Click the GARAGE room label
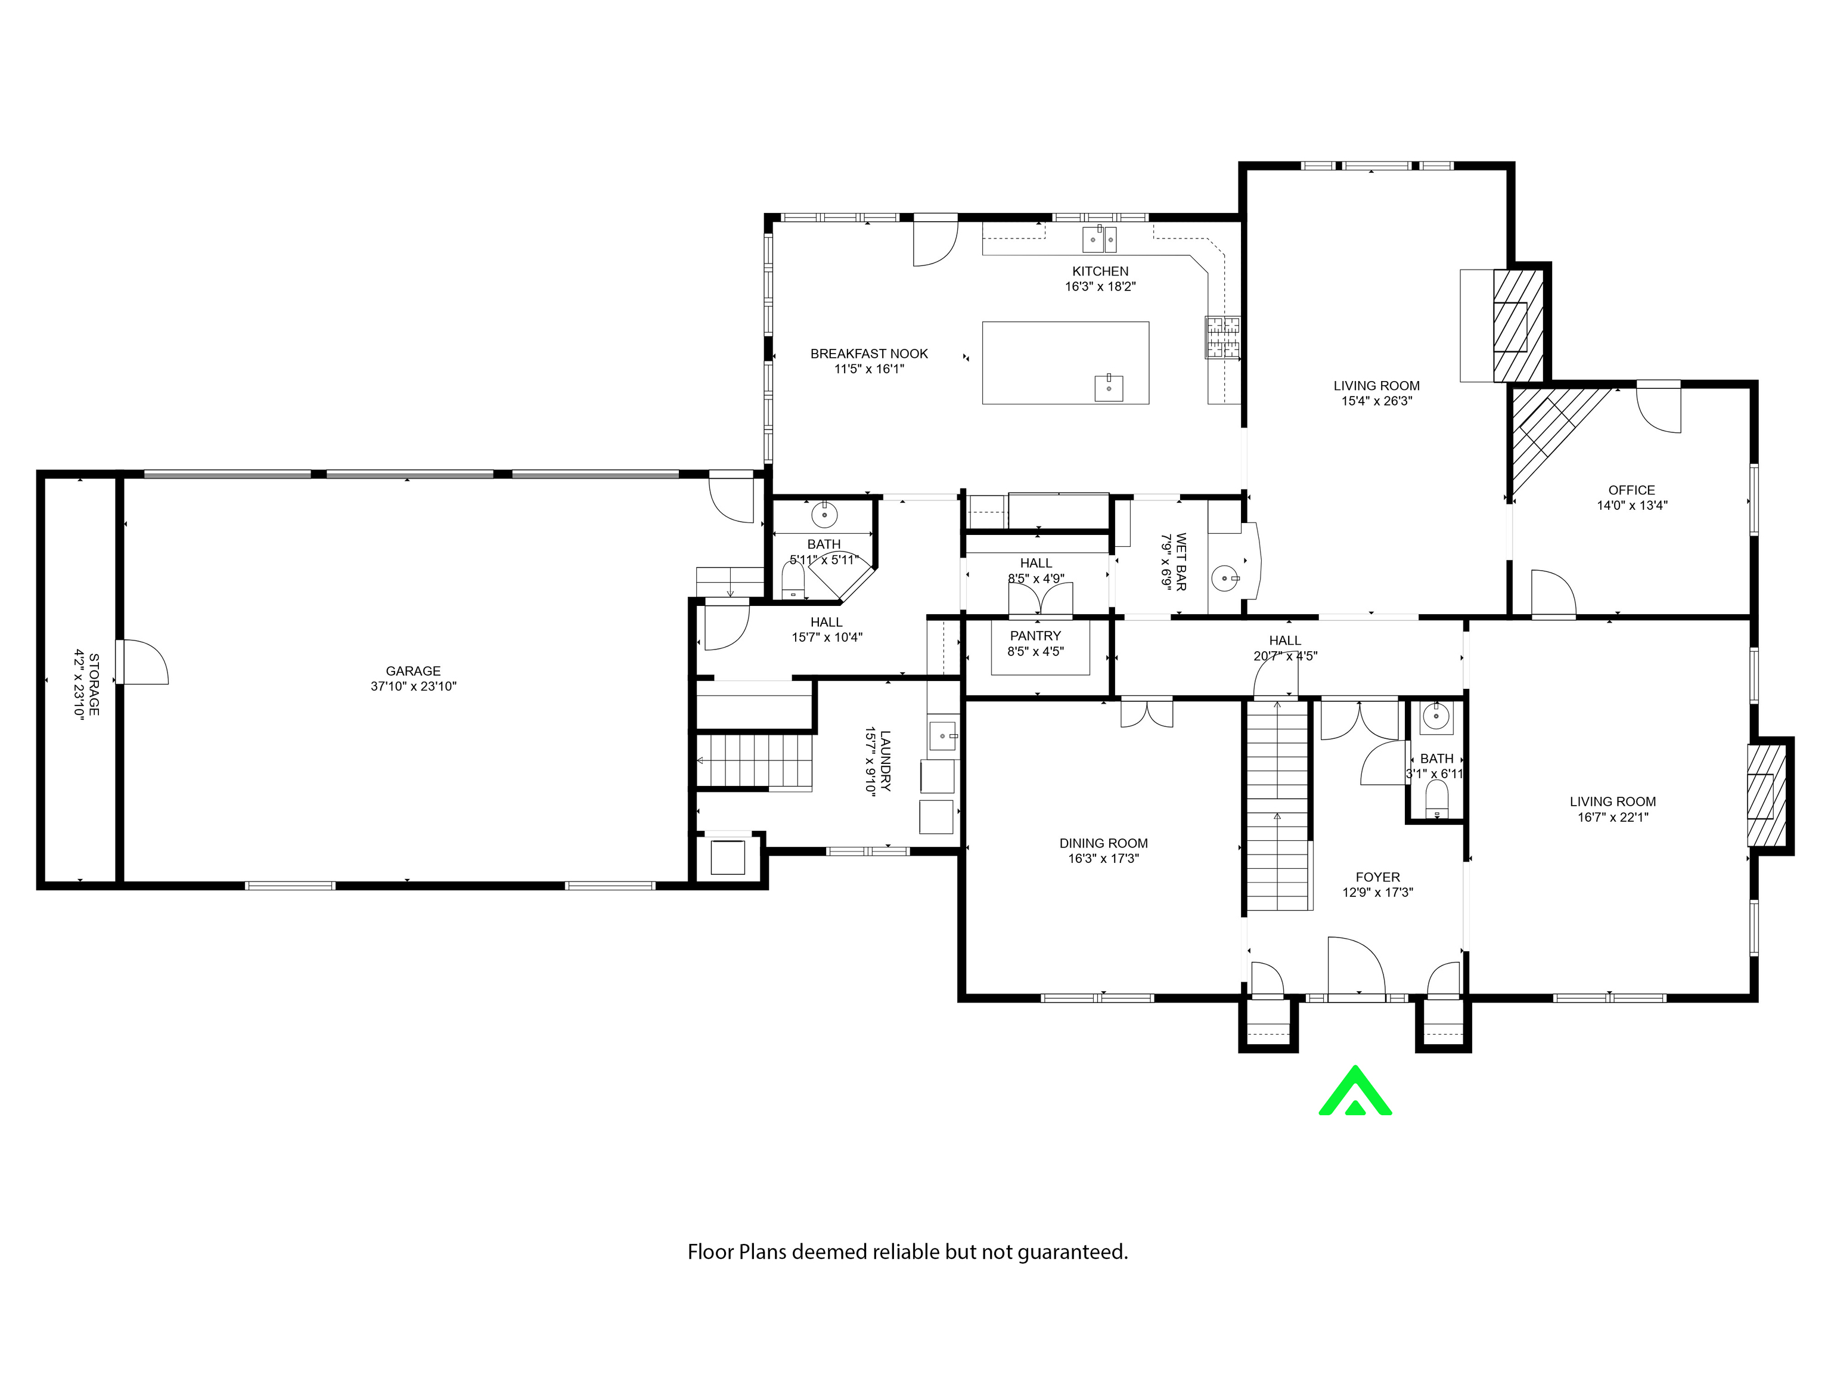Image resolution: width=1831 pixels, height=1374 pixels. (413, 671)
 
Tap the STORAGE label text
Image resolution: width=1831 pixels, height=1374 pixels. (94, 685)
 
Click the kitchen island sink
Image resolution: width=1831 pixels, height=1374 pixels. (1109, 388)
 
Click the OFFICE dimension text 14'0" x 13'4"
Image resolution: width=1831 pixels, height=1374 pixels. (1631, 505)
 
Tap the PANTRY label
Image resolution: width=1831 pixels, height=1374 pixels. (1035, 636)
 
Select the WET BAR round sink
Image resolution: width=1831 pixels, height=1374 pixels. (1225, 577)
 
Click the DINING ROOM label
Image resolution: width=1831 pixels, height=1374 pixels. (1103, 843)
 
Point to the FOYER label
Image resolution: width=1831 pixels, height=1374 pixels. (1377, 877)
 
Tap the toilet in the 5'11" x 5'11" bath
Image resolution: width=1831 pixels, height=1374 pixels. (793, 580)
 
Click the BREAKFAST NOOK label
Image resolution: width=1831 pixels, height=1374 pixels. (869, 354)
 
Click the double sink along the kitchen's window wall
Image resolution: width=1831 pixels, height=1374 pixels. (1099, 239)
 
